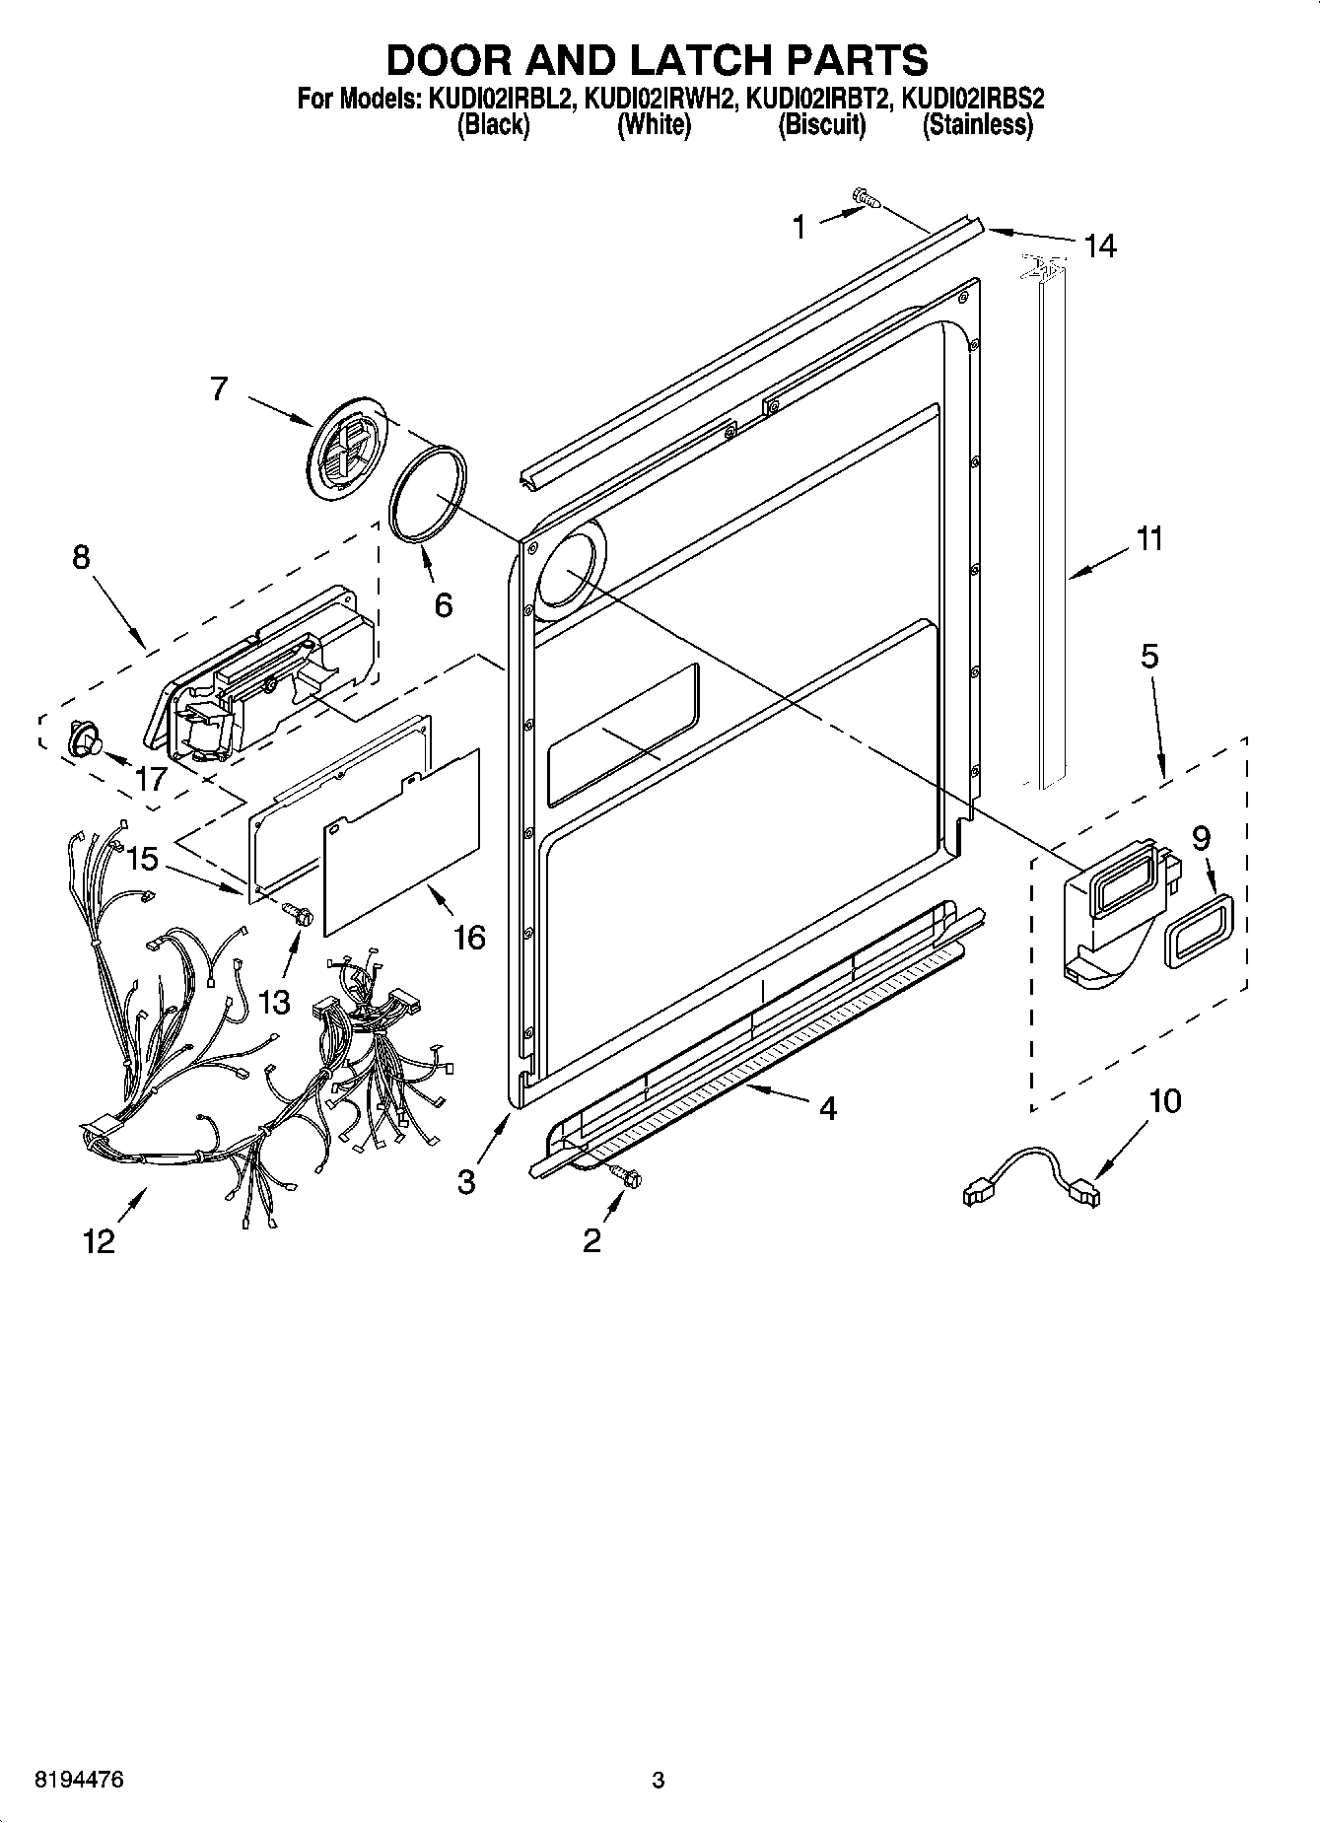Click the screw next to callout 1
point(867,199)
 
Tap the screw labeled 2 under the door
point(624,1173)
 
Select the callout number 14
point(1099,245)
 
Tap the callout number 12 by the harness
point(99,1240)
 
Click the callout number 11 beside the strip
point(1148,538)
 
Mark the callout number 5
point(1149,656)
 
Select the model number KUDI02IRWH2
point(659,99)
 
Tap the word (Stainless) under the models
point(977,125)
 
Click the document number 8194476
point(79,1781)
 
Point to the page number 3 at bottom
point(659,1781)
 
